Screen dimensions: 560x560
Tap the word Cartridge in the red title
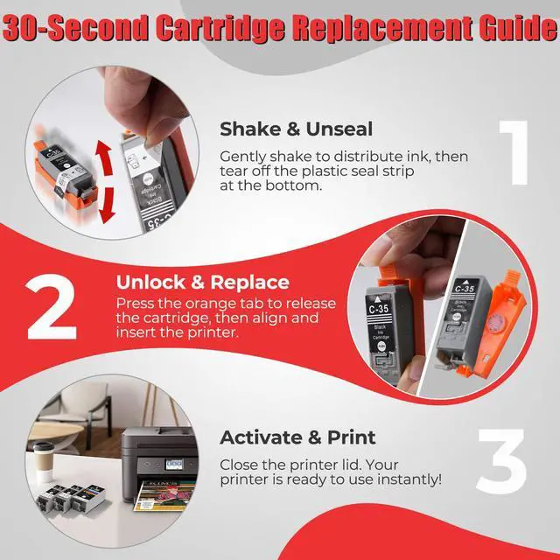(220, 27)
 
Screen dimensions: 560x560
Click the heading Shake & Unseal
(296, 129)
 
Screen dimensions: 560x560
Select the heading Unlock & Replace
(202, 282)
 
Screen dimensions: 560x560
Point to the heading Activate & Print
(297, 437)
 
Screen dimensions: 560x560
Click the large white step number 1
(514, 153)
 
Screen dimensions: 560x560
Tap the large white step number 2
(52, 306)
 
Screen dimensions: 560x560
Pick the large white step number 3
(501, 461)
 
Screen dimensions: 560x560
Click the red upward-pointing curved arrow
(104, 157)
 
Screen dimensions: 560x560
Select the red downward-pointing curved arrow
(107, 206)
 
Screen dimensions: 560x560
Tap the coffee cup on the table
(43, 462)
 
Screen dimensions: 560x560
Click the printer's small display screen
(174, 465)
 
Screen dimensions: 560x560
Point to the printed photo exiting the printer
(164, 495)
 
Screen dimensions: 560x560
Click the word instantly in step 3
(409, 479)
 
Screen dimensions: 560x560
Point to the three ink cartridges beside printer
(72, 497)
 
